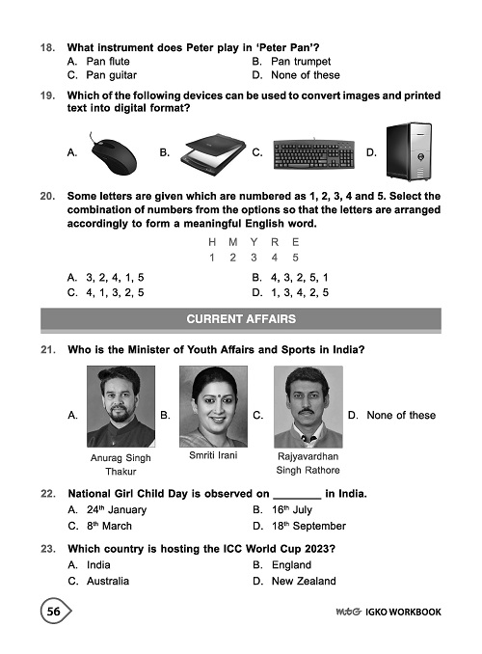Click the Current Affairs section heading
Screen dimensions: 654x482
[241, 317]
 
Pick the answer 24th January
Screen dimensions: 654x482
[108, 508]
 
